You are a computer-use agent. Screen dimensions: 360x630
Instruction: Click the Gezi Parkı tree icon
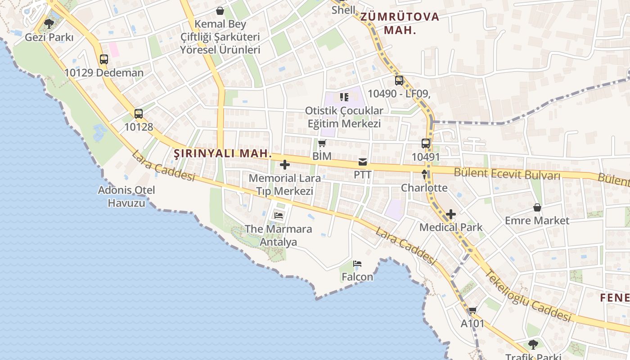click(x=49, y=23)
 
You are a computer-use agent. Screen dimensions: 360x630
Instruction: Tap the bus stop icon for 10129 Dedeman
click(x=104, y=59)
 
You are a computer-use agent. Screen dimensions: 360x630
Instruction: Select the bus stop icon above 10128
click(x=139, y=114)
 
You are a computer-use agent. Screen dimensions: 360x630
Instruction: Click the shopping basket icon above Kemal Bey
click(x=220, y=11)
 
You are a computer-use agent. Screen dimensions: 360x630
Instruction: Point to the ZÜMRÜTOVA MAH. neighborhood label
click(x=400, y=23)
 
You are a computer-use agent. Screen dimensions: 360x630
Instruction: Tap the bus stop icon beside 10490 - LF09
click(x=399, y=81)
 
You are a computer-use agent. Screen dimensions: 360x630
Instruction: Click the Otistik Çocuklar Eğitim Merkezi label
click(x=344, y=117)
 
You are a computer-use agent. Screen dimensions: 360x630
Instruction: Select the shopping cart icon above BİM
click(x=322, y=144)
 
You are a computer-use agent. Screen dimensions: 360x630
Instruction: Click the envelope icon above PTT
click(x=363, y=162)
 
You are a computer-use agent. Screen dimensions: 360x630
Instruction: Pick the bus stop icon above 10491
click(x=426, y=144)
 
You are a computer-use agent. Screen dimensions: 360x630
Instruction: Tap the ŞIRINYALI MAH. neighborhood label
click(x=223, y=153)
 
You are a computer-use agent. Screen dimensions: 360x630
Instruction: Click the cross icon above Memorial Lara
click(x=285, y=165)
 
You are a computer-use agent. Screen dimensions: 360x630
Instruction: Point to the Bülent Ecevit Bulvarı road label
click(x=507, y=174)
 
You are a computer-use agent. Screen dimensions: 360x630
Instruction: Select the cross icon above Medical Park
click(x=451, y=214)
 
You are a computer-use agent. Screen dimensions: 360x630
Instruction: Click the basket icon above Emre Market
click(x=537, y=207)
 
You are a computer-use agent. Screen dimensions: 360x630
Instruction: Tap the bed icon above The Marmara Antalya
click(x=279, y=216)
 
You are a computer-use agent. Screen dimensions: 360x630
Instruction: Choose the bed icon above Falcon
click(x=357, y=264)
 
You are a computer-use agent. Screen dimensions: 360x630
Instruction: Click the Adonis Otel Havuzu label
click(x=126, y=196)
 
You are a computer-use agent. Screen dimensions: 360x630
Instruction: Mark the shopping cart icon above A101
click(x=472, y=310)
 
